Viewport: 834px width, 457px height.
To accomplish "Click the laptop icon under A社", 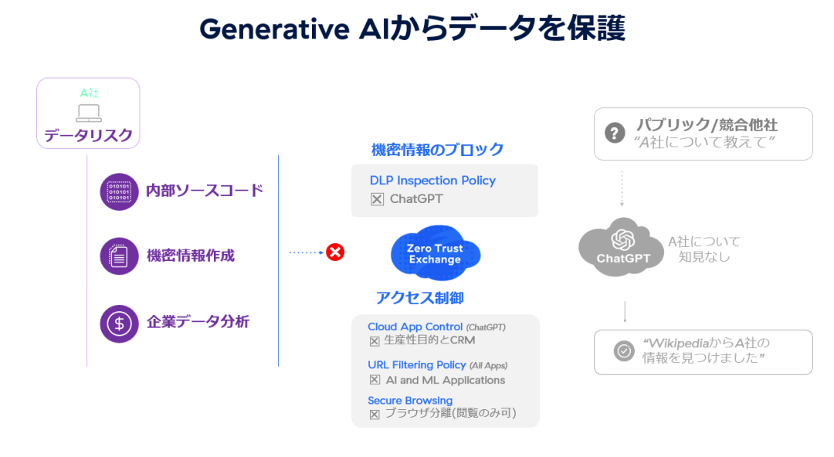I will click(89, 113).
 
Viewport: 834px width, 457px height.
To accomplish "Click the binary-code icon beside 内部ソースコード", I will click(119, 191).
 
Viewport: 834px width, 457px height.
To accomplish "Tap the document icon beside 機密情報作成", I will click(119, 256).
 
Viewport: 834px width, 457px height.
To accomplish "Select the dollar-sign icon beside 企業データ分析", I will click(119, 323).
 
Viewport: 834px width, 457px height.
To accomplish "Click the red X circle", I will click(335, 252).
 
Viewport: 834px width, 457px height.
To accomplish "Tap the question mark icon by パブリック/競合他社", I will click(614, 133).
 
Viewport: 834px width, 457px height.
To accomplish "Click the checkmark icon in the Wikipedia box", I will click(623, 351).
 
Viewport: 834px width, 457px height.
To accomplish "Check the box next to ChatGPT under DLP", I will click(377, 199).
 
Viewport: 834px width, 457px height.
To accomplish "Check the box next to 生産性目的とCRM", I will click(375, 340).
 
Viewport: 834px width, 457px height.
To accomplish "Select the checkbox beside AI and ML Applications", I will click(375, 380).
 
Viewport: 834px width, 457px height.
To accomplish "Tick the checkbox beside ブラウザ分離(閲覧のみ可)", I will click(375, 414).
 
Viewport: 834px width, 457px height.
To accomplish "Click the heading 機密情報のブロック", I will click(437, 149).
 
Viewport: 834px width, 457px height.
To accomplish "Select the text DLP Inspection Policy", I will click(432, 181).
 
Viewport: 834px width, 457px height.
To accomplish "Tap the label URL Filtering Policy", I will click(417, 364).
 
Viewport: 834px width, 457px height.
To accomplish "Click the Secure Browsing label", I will click(410, 401).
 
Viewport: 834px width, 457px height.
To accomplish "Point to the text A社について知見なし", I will click(703, 249).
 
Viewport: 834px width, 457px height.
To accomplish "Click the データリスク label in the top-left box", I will click(88, 136).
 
